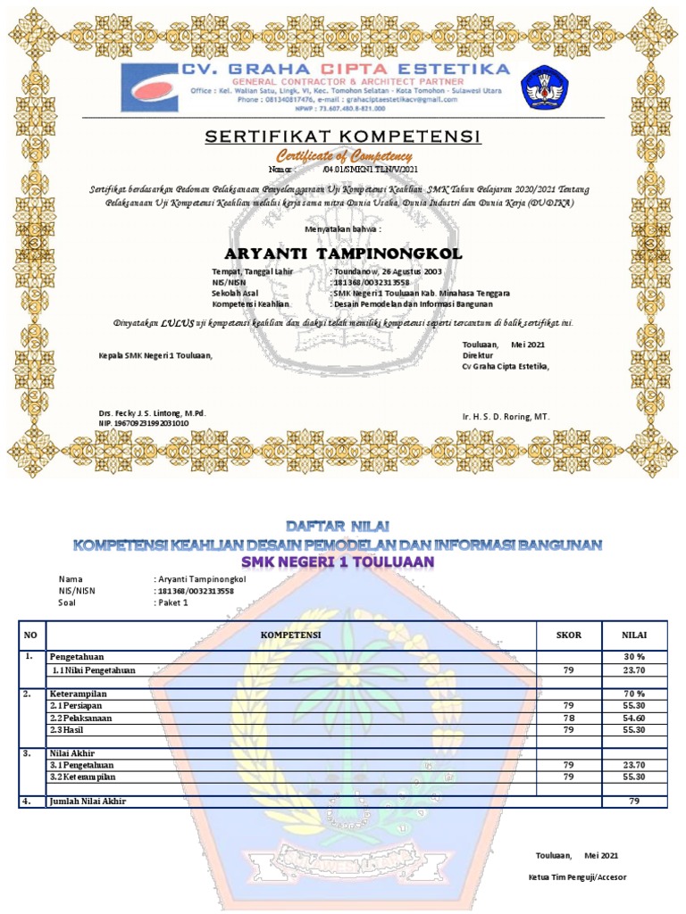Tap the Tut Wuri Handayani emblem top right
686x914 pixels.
543,87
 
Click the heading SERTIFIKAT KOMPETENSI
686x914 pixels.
344,137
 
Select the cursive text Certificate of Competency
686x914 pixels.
344,156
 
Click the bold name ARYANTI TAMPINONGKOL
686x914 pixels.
343,254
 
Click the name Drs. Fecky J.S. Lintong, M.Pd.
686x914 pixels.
152,413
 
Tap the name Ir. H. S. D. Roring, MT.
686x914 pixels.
506,417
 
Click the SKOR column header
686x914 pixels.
568,635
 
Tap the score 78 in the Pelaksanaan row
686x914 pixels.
568,718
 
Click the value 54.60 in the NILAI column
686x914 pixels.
633,718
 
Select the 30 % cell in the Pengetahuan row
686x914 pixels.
633,657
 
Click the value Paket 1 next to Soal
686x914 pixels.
173,602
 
